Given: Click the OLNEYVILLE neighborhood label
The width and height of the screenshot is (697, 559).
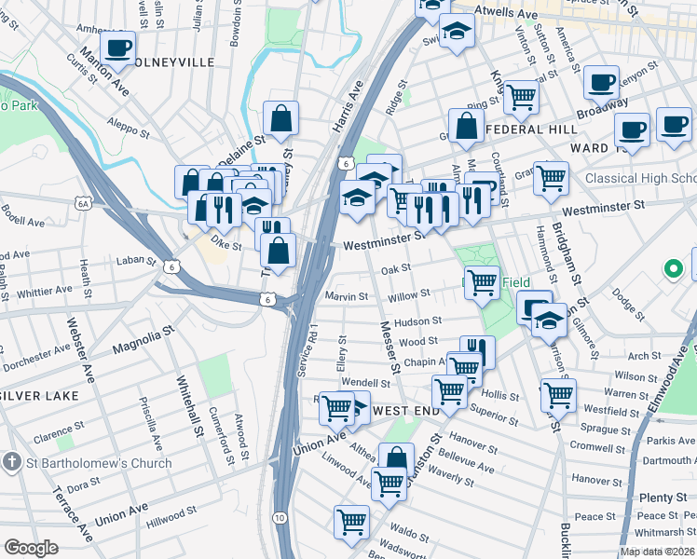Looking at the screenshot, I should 173,62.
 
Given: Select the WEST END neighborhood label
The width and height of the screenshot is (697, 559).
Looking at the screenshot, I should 404,411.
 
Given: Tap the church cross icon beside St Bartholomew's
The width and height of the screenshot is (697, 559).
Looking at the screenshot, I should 11,463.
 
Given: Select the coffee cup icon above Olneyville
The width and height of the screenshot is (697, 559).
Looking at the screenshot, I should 117,48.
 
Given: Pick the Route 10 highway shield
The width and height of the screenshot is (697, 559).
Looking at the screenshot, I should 280,517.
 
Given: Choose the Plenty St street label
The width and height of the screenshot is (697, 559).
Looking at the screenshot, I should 661,498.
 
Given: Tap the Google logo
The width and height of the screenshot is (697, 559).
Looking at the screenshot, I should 31,547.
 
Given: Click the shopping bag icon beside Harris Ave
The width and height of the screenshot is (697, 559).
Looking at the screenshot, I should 280,119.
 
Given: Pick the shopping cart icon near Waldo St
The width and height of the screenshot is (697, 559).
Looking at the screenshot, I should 351,522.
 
